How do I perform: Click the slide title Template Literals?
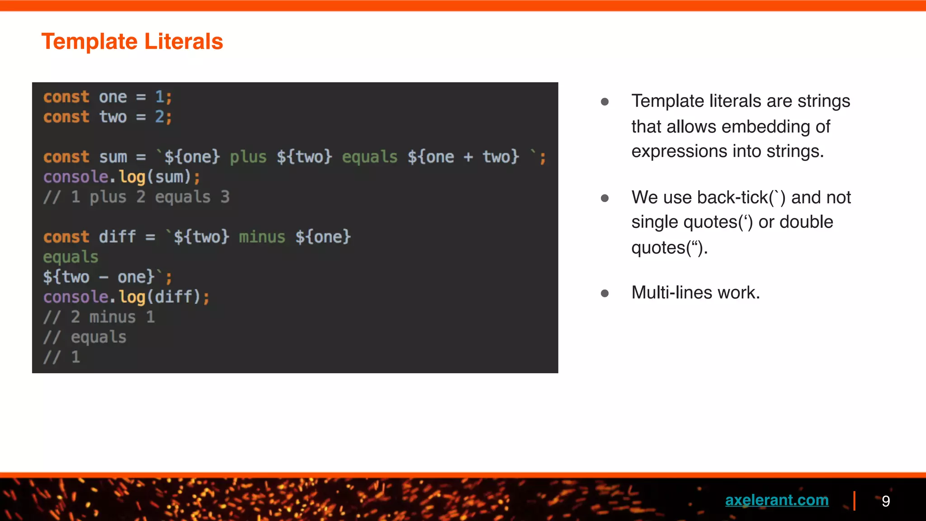132,42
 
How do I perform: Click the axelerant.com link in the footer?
776,500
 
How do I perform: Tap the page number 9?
886,501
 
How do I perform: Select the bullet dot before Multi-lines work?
605,294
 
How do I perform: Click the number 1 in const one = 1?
159,97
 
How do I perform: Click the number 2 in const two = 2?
159,117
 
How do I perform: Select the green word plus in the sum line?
248,157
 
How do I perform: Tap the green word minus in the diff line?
262,237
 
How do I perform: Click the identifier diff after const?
117,237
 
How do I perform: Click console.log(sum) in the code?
121,177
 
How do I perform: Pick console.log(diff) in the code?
126,297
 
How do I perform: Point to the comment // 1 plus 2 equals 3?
137,197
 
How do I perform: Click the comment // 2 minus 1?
99,317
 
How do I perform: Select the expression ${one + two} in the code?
463,157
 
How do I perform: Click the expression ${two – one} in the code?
99,277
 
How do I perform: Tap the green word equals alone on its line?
71,257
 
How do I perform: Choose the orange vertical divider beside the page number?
854,501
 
